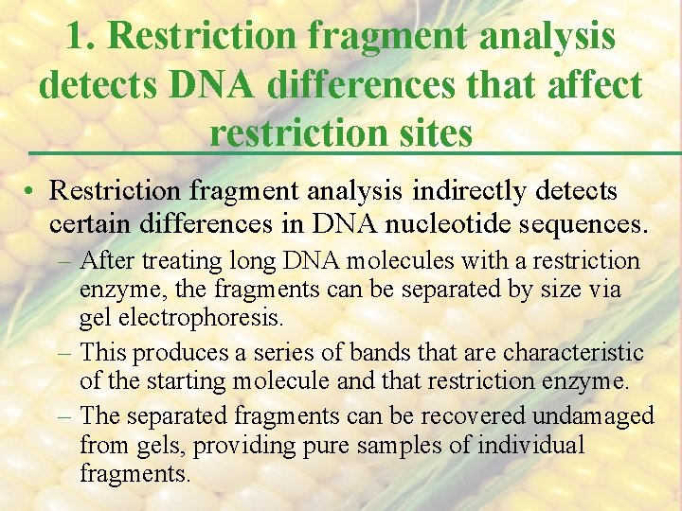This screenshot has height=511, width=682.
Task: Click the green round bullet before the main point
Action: [31, 192]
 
